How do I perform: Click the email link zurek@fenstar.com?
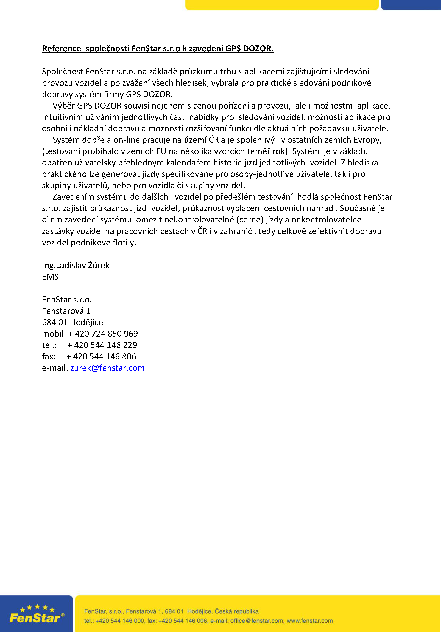107,368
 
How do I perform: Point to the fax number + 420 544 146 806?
101,357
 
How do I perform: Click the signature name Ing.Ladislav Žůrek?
76,265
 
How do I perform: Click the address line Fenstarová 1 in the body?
66,311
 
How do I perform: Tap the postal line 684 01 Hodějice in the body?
72,322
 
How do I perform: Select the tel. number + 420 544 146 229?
102,345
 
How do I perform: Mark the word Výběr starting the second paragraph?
64,106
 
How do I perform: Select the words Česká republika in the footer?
237,611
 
